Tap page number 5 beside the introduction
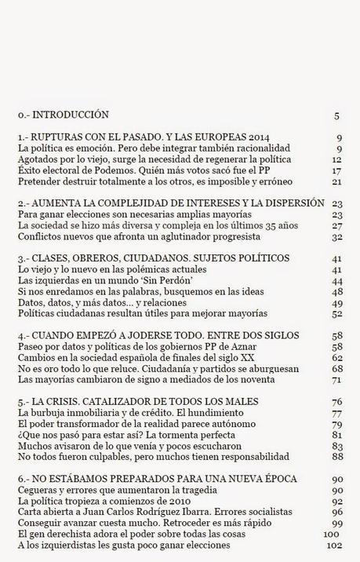click(336, 115)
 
